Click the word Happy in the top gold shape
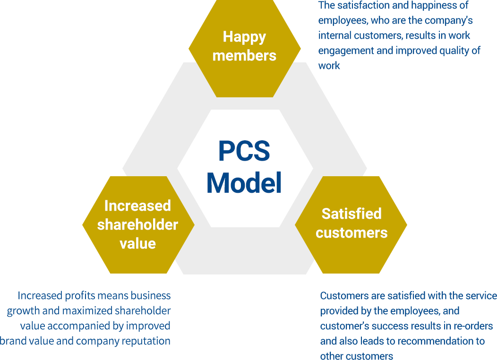click(244, 37)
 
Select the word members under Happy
click(244, 55)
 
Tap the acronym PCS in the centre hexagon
click(244, 151)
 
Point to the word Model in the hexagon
click(244, 183)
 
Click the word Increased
click(137, 206)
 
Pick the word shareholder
click(137, 225)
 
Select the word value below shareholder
click(137, 243)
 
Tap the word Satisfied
click(351, 214)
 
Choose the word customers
click(351, 233)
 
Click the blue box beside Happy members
click(398, 34)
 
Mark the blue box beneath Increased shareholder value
click(86, 318)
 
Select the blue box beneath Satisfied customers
click(406, 326)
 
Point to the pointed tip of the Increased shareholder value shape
click(193, 225)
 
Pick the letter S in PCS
click(262, 151)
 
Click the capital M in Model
click(217, 183)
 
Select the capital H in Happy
click(228, 36)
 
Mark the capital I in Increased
click(106, 206)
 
